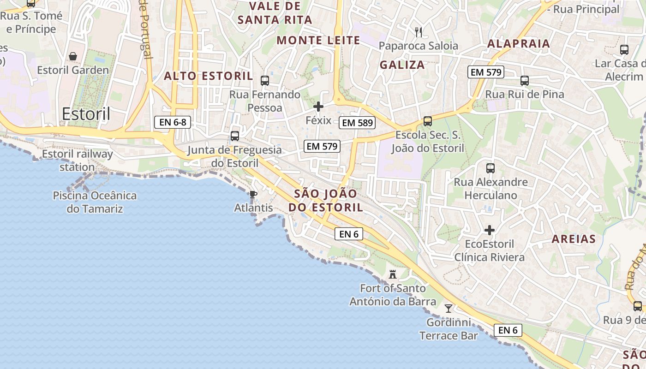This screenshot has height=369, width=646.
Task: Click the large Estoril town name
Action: (86, 114)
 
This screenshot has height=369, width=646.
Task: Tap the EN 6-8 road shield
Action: (173, 122)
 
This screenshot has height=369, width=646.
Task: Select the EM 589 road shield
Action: (357, 123)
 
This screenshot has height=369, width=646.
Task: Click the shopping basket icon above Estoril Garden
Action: (73, 56)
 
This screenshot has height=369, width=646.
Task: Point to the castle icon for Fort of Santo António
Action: (393, 274)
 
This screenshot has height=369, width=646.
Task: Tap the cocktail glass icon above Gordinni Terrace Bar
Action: (448, 308)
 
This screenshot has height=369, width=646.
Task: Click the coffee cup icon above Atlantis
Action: (253, 194)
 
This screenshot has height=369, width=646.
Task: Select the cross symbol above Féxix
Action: (318, 107)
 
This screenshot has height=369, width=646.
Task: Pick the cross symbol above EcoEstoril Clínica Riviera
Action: (490, 230)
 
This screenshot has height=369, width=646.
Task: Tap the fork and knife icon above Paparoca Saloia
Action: (419, 32)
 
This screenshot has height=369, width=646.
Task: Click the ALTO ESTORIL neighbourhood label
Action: (209, 76)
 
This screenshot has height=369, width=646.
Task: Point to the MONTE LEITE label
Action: (318, 40)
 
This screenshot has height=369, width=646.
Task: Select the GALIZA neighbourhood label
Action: (402, 65)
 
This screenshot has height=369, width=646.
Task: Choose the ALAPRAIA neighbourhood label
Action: (519, 44)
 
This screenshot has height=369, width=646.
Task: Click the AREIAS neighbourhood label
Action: (574, 239)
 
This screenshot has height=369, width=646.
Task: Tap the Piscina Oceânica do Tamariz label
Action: (95, 202)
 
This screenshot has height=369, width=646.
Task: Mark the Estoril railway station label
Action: (78, 160)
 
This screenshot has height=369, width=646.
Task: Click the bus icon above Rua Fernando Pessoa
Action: (265, 81)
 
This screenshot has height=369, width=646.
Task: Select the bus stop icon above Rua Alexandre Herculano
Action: (490, 168)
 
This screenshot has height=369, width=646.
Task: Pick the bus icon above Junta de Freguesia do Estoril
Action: (235, 136)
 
